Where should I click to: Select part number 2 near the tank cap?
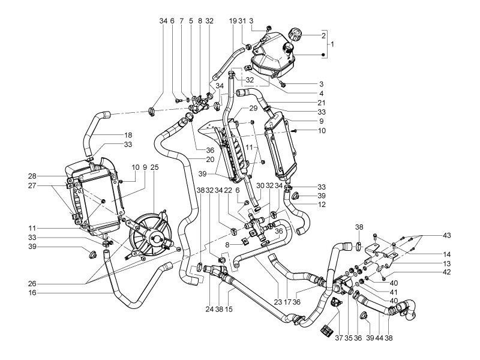(x=323, y=36)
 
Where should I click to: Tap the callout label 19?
(x=233, y=20)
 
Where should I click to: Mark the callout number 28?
(x=32, y=176)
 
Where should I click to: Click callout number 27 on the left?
(x=32, y=186)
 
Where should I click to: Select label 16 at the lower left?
(x=32, y=293)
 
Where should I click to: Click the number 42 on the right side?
(x=447, y=272)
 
